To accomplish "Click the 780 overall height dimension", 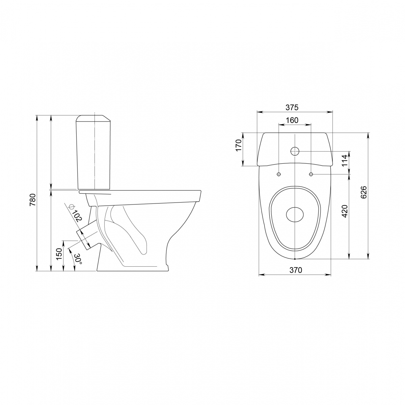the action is point(33,199).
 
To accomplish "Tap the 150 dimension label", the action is point(59,254).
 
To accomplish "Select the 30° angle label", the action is point(78,259).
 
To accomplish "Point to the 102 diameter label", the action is point(77,216).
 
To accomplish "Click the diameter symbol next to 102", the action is point(71,207).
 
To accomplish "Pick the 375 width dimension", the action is point(292,107).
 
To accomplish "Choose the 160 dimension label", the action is point(292,120).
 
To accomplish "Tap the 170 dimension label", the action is point(238,145).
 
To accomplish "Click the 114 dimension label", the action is point(345,160).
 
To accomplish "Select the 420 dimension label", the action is point(345,211).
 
